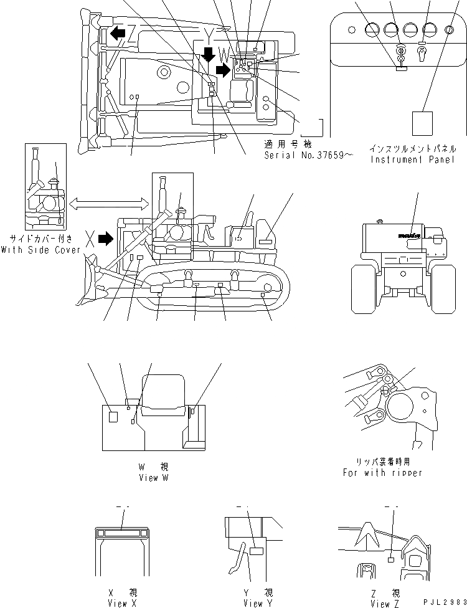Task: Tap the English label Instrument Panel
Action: tap(412, 159)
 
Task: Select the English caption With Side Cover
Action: tap(41, 250)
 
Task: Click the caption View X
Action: tap(118, 602)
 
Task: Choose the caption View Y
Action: tap(253, 602)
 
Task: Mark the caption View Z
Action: tap(380, 602)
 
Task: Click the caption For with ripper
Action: tap(382, 472)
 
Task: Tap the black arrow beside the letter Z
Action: tap(116, 32)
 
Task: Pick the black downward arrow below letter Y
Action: tap(209, 55)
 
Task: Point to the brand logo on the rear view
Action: tap(410, 235)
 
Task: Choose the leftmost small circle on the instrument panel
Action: tap(352, 30)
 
